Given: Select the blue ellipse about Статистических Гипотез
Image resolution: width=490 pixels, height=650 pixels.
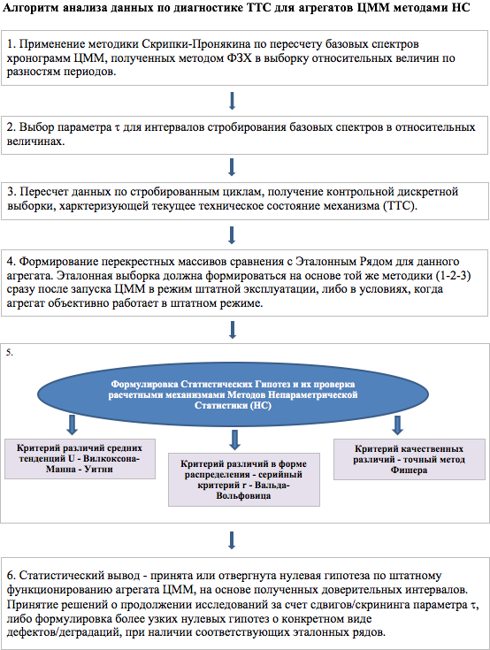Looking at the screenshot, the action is coord(233,394).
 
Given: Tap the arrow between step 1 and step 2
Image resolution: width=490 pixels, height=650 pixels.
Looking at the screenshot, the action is coord(232,101).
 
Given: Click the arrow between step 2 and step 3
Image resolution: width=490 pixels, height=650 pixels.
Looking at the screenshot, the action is coord(232,167).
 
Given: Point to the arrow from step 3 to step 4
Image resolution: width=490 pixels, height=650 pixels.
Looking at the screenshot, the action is coord(232,235).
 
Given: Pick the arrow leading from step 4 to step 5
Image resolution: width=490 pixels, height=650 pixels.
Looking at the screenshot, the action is coord(232,330).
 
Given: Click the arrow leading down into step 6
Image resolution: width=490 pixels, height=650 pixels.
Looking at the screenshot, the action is coord(232,540).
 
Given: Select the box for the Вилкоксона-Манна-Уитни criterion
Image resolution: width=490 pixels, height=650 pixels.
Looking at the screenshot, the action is coord(80,459).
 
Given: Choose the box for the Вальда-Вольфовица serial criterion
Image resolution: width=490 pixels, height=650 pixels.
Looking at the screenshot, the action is coord(244,479).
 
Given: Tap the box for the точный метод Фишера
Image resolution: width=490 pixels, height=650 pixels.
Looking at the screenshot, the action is coord(410,459).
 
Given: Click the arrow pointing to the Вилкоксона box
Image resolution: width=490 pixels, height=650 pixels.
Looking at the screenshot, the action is coord(73,424).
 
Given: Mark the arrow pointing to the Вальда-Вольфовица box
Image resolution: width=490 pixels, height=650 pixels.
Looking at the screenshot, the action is coord(235,440).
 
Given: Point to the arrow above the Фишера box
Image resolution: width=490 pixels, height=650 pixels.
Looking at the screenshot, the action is coord(397,424).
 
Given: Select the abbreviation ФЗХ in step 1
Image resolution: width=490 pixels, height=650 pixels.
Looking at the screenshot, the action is coord(239,58).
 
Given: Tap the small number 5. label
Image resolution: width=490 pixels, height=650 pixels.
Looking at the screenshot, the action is coord(10,353).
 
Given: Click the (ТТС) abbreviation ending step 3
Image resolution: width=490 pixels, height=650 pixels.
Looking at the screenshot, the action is coord(400,205).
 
